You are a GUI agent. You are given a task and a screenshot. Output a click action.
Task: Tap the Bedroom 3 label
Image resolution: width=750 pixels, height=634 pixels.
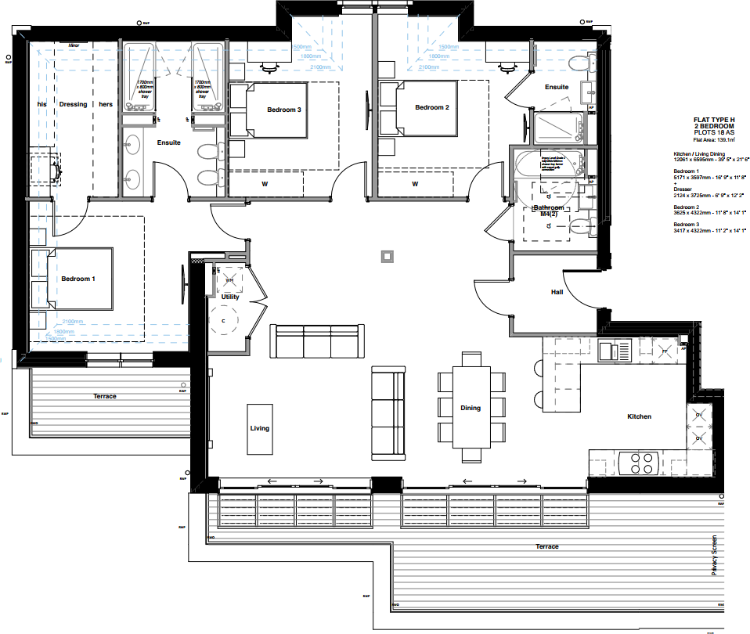click(x=283, y=110)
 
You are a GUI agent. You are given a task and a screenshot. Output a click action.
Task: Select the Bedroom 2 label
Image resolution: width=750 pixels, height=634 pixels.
click(x=431, y=107)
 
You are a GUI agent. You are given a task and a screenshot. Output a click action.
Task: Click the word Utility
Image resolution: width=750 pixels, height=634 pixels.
click(x=229, y=297)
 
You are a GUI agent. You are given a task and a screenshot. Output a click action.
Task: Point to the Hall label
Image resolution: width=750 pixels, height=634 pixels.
click(x=557, y=292)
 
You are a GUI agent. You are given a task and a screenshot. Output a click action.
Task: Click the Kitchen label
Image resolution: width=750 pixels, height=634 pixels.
click(x=639, y=416)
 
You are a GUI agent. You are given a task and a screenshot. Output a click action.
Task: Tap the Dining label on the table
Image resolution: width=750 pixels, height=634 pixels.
click(x=471, y=408)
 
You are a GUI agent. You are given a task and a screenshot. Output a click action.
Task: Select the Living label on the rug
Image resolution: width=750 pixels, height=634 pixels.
click(x=259, y=428)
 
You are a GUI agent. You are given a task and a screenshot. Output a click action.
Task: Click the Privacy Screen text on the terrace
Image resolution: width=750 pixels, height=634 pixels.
click(x=714, y=554)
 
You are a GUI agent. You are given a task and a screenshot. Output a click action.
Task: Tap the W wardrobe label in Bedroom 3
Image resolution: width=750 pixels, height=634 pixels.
click(x=265, y=185)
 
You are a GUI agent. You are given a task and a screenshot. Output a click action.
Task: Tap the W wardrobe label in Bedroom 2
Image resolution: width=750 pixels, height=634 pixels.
click(x=414, y=185)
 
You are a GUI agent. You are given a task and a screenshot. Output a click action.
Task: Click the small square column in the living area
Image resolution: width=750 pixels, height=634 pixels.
click(x=385, y=255)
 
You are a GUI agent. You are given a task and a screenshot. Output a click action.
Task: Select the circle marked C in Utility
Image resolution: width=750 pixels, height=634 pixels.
click(x=224, y=321)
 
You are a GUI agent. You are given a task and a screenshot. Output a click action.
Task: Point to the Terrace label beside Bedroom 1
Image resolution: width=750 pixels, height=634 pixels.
click(x=104, y=396)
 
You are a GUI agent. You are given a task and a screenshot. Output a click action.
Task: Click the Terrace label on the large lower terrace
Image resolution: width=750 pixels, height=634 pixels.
click(x=546, y=546)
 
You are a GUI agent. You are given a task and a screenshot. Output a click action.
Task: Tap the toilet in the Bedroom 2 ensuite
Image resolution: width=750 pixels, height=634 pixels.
click(x=580, y=63)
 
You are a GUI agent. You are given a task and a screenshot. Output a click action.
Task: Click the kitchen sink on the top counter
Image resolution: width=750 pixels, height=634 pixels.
click(x=614, y=350)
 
